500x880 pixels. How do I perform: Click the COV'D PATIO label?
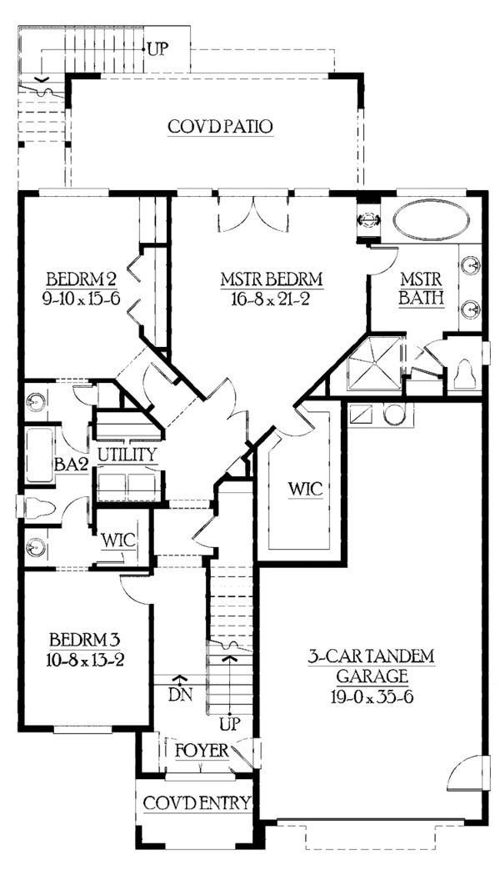coord(220,127)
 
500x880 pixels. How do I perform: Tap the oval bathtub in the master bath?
coord(431,220)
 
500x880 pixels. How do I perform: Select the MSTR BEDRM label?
coord(272,279)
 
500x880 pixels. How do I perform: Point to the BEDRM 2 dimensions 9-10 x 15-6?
coord(82,299)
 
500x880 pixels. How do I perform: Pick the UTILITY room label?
coord(127,455)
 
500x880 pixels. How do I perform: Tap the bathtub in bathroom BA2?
coord(39,455)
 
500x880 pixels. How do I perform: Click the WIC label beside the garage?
coord(306,488)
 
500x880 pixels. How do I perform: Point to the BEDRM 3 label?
coord(85,640)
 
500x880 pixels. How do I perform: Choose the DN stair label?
coord(181,695)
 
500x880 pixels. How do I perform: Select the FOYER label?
coord(202,751)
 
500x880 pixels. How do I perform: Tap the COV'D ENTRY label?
coord(197,803)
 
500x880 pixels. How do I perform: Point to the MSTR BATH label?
coord(422,289)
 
